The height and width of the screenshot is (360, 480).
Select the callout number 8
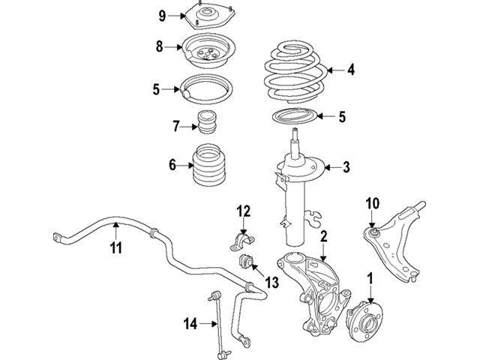point(159,47)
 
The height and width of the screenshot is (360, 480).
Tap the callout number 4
point(350,70)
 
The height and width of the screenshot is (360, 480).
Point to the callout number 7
point(176,125)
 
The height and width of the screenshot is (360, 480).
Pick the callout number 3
point(346,166)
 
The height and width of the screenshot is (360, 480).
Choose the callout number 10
point(373,202)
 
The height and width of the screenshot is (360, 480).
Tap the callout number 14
point(190,324)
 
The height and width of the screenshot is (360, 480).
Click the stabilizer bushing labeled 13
point(246,263)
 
